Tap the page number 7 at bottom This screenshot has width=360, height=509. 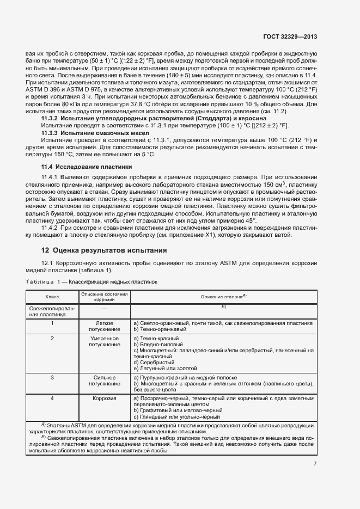pos(315,463)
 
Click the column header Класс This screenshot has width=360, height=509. pos(52,297)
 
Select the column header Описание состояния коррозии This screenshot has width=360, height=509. pos(104,297)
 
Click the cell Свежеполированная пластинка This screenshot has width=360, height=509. pos(51,311)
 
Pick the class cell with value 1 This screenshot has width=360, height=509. pos(52,323)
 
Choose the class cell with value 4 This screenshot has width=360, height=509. pos(52,398)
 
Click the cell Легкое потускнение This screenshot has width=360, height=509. pos(104,326)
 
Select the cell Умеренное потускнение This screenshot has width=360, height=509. pos(104,341)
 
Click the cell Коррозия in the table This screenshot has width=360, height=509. pos(104,398)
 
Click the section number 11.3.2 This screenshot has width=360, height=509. pos(51,118)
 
